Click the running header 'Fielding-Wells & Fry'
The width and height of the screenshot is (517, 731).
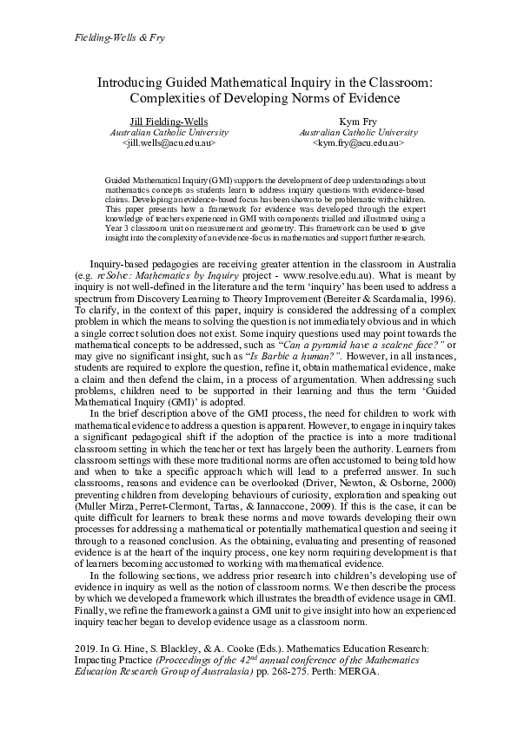[109, 38]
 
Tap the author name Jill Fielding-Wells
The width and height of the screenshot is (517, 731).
[169, 122]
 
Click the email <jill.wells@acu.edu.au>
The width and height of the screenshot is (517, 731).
[169, 143]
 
